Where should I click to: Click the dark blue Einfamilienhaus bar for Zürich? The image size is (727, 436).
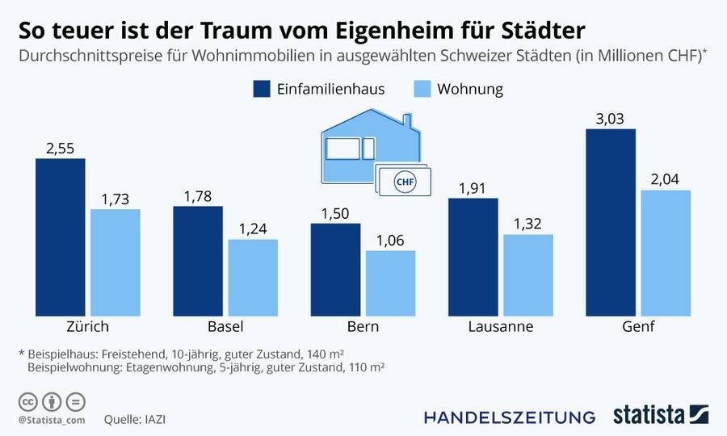pos(61,237)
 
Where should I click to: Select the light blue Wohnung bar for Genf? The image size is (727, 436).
pos(666,253)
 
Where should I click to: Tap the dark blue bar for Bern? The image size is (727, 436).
pos(335,269)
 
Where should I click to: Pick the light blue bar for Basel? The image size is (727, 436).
pos(253,277)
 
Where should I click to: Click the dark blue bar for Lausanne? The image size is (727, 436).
pos(473,256)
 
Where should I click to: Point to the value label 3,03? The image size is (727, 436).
pos(611,119)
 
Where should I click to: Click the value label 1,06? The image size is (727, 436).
pos(391,240)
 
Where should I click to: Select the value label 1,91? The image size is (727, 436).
pos(473,187)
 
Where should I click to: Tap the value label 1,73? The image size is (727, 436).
pos(116,199)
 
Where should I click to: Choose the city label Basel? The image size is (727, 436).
pos(225,327)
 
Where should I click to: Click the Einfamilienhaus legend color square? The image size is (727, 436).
pos(262,89)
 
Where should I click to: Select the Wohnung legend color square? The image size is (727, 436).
pos(422,89)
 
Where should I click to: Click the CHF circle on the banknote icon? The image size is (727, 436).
pos(404,182)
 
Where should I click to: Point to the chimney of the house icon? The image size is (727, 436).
pos(409,123)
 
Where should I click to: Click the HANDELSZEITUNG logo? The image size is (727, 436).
pos(510,417)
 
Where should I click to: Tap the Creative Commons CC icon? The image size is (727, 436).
pos(27,401)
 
